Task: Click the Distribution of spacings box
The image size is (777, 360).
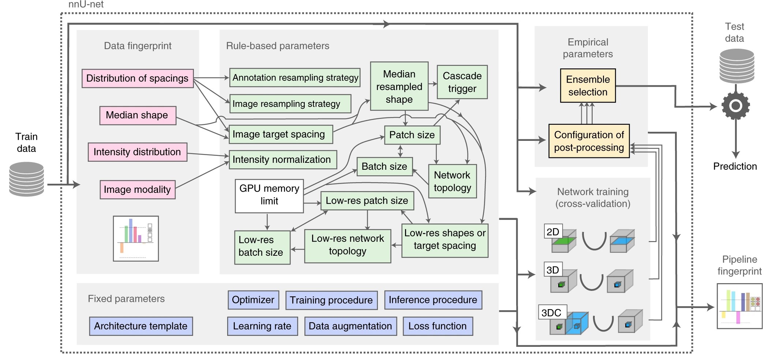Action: point(138,78)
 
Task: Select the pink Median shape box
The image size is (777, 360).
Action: point(138,115)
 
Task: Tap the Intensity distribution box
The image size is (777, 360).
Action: point(138,152)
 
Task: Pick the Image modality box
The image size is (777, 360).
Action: point(138,189)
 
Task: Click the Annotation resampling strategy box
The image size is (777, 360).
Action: point(295,78)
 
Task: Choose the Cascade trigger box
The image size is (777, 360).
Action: point(462,82)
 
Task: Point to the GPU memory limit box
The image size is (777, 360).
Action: point(269,196)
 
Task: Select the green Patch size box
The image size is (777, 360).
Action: point(412,135)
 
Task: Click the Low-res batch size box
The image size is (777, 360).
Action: point(262,247)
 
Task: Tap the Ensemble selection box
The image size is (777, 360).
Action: point(588,86)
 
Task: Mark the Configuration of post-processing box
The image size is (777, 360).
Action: point(589,141)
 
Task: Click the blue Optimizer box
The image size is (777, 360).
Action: point(253,300)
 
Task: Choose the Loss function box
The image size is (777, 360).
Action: point(438,326)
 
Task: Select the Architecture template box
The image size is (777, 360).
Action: point(141,326)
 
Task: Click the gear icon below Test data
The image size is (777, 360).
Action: point(736,106)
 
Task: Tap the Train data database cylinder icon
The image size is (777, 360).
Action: point(26,179)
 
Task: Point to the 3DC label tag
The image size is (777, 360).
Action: point(552,312)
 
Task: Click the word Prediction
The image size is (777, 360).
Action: point(735,166)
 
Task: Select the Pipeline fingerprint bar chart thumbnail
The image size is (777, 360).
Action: point(740,306)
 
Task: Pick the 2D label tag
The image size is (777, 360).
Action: point(553,232)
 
